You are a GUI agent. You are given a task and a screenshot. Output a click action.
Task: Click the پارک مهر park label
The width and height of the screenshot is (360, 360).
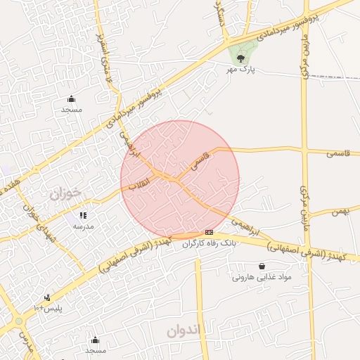tap(239, 70)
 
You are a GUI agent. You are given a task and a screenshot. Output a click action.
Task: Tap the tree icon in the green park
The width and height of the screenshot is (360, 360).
tap(241, 58)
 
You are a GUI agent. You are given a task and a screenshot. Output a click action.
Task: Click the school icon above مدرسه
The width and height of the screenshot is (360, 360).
tap(83, 216)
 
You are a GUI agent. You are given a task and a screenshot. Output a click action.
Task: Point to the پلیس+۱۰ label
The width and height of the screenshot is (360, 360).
tap(49, 308)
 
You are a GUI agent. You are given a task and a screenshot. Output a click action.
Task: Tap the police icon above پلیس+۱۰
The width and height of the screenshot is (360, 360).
tap(47, 297)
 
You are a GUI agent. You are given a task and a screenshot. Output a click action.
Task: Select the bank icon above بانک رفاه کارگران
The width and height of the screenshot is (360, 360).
tap(209, 232)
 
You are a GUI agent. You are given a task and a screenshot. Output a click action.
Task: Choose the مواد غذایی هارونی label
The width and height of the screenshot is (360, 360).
tap(262, 277)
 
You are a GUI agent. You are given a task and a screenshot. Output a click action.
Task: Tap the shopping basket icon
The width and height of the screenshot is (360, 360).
tap(262, 266)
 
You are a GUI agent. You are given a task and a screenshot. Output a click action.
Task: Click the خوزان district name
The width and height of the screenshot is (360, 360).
tap(66, 193)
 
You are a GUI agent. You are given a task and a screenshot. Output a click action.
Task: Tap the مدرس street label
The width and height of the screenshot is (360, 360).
tap(27, 342)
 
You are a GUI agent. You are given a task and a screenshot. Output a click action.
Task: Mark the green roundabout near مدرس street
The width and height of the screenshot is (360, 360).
tap(18, 321)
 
